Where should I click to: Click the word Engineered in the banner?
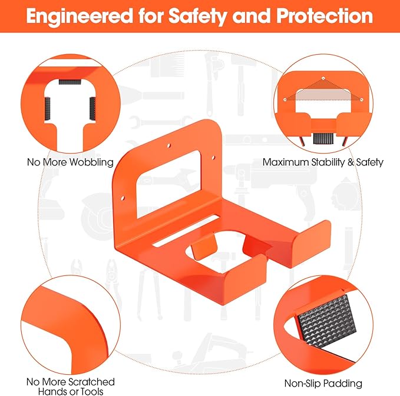click(x=80, y=17)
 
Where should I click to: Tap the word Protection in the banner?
click(x=325, y=16)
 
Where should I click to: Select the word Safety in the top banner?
click(x=197, y=17)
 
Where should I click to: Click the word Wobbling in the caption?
click(x=91, y=162)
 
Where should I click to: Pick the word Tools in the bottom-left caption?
click(x=92, y=391)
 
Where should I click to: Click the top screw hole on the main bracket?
click(x=168, y=146)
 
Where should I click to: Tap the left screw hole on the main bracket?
click(x=123, y=198)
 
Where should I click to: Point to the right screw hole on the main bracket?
click(x=213, y=158)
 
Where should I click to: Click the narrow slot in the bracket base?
click(x=186, y=231)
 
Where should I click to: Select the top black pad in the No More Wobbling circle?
click(x=70, y=82)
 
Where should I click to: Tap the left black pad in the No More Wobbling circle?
click(x=48, y=108)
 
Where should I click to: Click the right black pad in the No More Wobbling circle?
click(x=92, y=108)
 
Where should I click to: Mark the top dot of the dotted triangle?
click(x=323, y=78)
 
